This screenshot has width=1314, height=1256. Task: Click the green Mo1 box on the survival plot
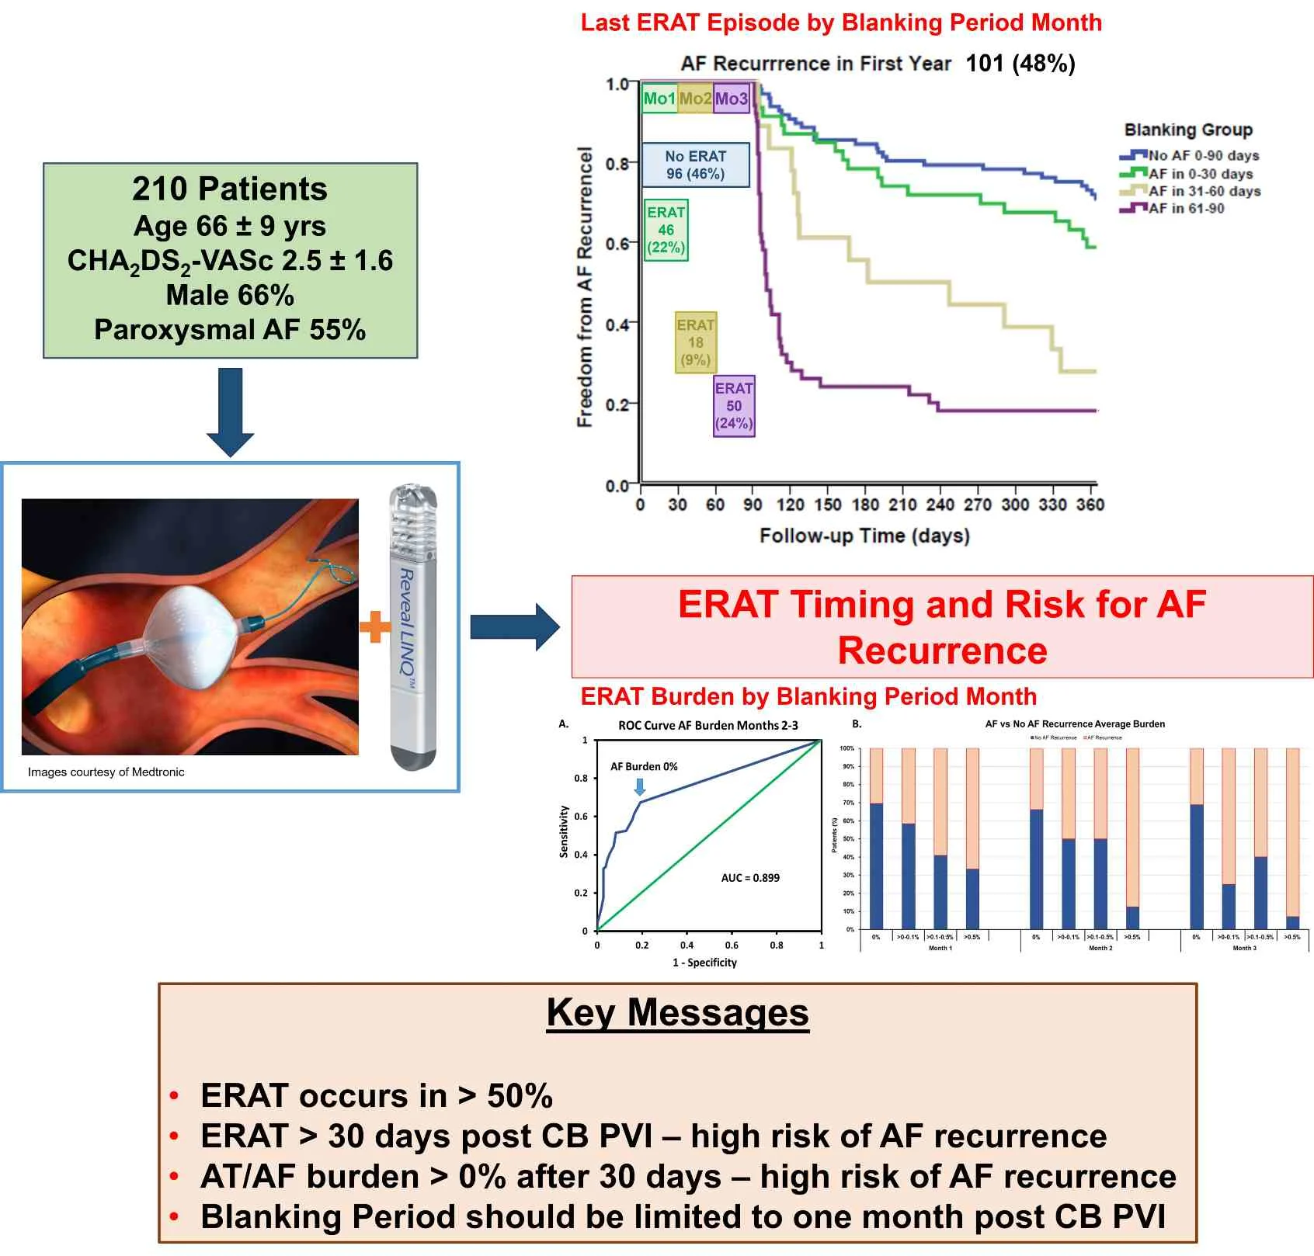tap(659, 99)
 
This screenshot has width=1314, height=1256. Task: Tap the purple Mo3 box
tap(731, 99)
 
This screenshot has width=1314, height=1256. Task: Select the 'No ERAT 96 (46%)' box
tap(696, 165)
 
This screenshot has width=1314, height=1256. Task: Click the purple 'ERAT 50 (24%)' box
tap(734, 405)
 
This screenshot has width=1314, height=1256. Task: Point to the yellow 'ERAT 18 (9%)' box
tap(695, 342)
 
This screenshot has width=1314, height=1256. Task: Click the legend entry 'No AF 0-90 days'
tap(1203, 155)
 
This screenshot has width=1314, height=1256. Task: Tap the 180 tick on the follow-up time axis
tap(865, 505)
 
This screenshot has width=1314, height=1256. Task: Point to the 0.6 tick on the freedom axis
tap(617, 244)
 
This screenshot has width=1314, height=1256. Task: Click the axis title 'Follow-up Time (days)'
tap(864, 536)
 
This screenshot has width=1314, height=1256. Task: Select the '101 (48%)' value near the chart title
tap(1020, 63)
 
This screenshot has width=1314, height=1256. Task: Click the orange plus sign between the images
tap(375, 626)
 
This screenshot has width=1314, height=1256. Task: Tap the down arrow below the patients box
tap(230, 411)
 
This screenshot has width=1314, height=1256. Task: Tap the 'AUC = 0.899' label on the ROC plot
tap(749, 878)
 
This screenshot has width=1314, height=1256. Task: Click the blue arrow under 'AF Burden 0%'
tap(640, 787)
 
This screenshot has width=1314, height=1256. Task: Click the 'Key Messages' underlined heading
tap(677, 1012)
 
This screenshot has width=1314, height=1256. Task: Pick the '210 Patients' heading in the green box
tap(230, 189)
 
